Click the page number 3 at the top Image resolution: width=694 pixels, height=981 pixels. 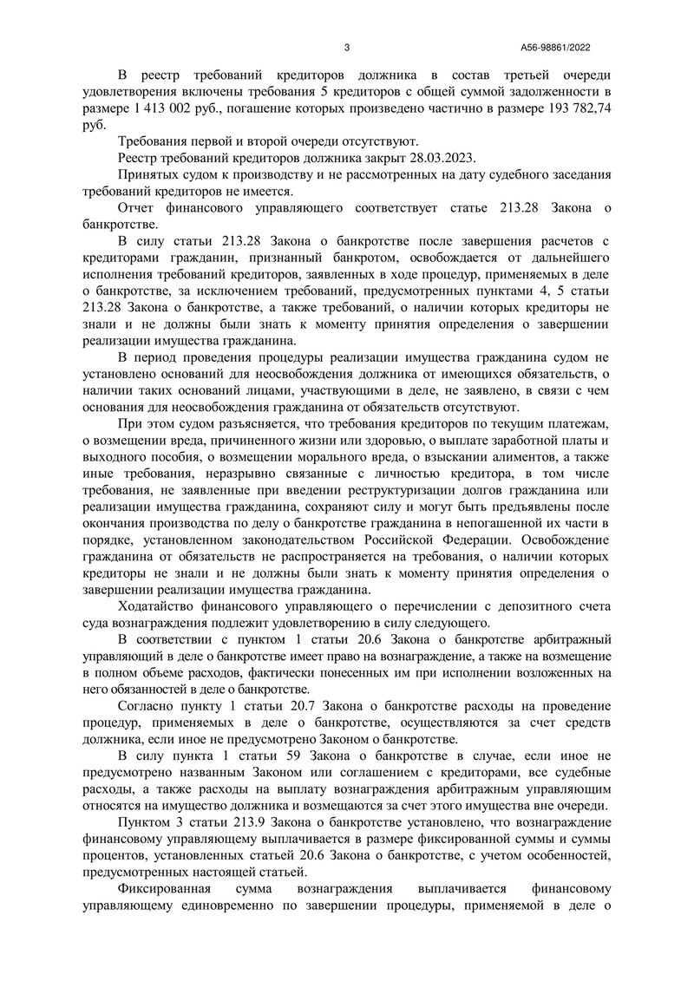point(346,48)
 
